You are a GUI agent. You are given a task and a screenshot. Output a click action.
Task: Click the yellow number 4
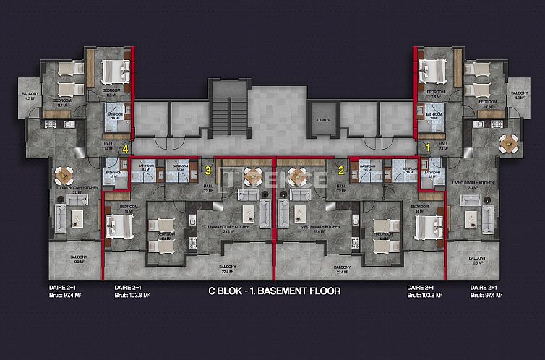coord(126,150)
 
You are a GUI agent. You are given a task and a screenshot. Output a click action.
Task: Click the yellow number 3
coord(208,171)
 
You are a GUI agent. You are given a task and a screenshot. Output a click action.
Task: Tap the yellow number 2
coord(341,171)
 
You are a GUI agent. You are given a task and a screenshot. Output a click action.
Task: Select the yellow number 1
coord(427,147)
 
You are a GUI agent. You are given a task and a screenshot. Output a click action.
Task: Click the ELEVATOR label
coord(324,120)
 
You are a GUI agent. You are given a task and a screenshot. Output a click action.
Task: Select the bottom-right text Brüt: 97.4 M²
coord(484,295)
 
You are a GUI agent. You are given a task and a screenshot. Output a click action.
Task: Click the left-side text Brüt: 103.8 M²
coord(132,295)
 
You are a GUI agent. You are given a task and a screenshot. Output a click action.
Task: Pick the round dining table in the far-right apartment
coord(510,142)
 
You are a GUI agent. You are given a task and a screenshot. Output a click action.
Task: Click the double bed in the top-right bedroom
coord(434,71)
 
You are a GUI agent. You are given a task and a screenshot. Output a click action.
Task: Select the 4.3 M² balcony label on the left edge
coord(30,97)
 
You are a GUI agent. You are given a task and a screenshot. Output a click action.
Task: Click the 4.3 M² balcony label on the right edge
coord(519,97)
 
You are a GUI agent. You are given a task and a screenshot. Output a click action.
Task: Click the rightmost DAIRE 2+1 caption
coord(484,287)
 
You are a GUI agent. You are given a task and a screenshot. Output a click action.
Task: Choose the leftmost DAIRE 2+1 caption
coord(60,287)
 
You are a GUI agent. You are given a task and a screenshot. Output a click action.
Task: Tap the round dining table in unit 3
coord(252,176)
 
